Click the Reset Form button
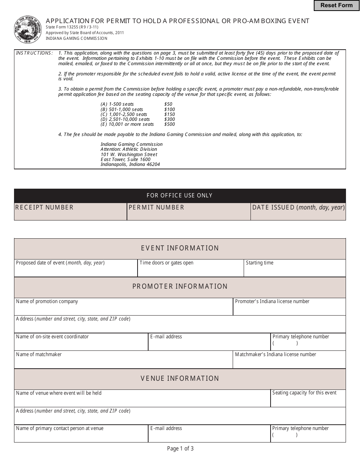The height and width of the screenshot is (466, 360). click(x=337, y=5)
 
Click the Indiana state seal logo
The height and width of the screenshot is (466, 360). click(x=28, y=30)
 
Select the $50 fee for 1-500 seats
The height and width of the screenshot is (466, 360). click(x=168, y=104)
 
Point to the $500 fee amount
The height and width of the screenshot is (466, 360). click(x=169, y=124)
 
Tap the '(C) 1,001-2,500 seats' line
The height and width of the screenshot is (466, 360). click(x=124, y=114)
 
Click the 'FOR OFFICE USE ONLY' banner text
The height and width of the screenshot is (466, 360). click(x=180, y=195)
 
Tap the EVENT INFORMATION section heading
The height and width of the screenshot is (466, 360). click(x=180, y=249)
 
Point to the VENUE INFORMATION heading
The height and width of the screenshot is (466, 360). click(x=180, y=378)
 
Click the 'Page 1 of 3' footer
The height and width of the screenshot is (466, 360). click(x=180, y=449)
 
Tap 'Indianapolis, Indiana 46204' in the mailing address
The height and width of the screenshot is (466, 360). click(x=130, y=165)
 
